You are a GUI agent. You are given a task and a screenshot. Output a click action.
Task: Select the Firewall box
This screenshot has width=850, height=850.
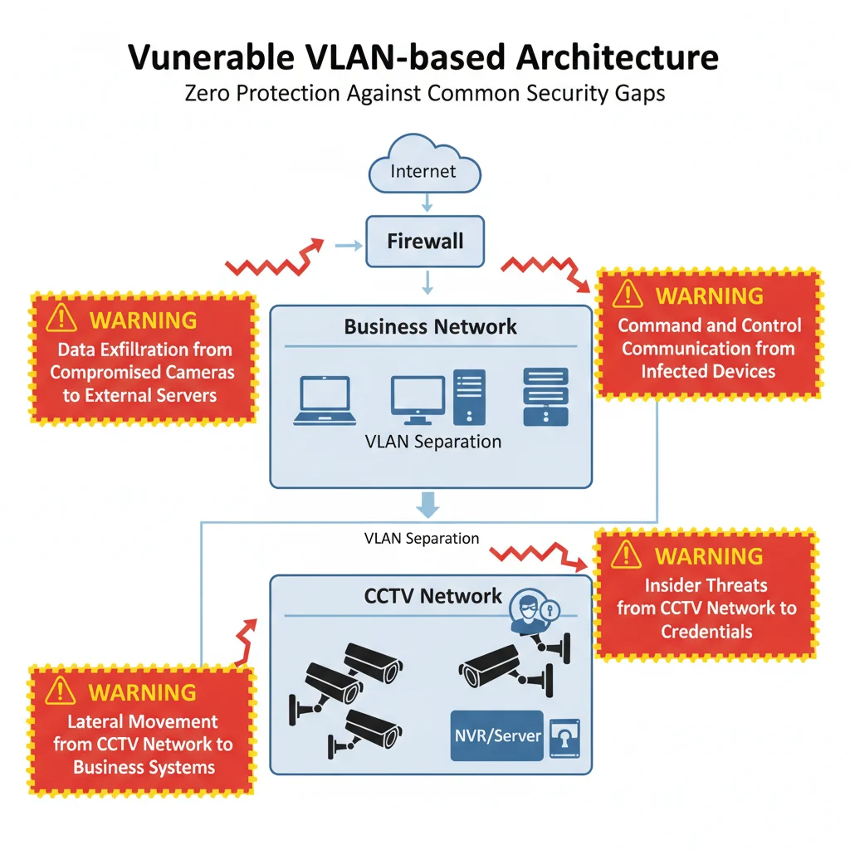425,242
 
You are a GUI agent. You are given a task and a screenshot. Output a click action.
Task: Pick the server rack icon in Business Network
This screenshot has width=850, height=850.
545,397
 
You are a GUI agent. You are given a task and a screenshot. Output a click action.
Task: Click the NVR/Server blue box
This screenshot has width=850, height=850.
496,735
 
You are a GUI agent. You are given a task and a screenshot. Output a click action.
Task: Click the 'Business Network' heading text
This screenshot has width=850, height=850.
430,326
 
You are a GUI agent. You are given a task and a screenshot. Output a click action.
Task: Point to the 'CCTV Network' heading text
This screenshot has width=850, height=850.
432,595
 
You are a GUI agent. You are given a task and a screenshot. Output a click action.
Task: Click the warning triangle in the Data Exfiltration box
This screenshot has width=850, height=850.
61,319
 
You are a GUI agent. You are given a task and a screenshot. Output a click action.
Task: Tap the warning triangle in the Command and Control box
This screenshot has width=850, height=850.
628,294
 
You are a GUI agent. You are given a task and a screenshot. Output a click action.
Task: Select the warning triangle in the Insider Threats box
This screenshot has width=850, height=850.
628,554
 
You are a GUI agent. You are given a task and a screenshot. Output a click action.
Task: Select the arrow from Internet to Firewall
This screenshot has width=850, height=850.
424,202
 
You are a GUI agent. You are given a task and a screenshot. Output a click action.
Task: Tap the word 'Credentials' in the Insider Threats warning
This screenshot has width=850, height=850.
706,632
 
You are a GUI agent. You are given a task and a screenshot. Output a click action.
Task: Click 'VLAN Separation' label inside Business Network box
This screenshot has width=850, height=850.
432,442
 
